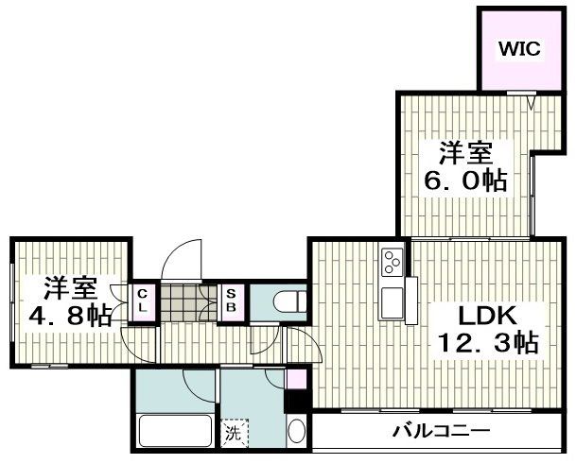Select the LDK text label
coord(490,315)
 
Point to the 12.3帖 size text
coord(488,343)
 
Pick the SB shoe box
coord(231,301)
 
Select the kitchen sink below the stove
coord(392,304)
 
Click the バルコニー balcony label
coord(441,432)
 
